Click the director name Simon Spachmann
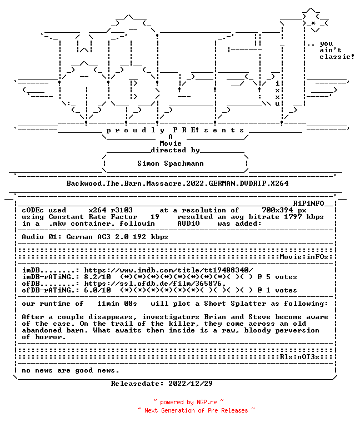click(171, 163)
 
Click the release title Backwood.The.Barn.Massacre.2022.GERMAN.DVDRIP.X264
click(177, 183)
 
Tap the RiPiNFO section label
click(308, 203)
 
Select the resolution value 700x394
click(278, 210)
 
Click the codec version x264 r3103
click(111, 210)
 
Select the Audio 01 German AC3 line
click(95, 237)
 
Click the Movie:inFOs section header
click(304, 257)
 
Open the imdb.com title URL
click(168, 270)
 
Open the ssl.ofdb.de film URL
click(155, 284)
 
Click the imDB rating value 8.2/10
click(97, 277)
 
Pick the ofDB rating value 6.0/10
click(97, 290)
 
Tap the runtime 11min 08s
click(117, 304)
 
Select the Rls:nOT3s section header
click(299, 357)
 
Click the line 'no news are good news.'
click(71, 370)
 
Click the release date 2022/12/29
click(191, 384)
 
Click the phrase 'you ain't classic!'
click(337, 50)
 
